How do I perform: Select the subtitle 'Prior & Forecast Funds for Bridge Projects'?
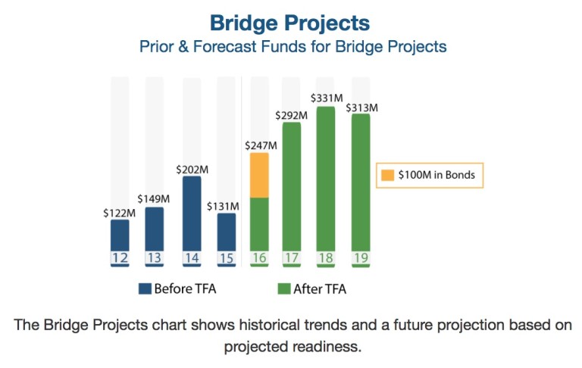click(292, 46)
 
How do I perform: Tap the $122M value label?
click(119, 213)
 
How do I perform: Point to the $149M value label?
click(154, 199)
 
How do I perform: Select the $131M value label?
click(224, 205)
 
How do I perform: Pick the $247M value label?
click(260, 145)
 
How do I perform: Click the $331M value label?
click(327, 98)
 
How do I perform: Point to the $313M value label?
click(361, 108)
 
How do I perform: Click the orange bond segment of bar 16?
click(259, 175)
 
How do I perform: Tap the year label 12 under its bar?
click(120, 258)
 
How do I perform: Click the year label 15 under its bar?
click(227, 258)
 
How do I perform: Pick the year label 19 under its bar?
click(361, 258)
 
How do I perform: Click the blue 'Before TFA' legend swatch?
click(144, 288)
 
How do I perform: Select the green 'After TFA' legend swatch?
click(284, 288)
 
